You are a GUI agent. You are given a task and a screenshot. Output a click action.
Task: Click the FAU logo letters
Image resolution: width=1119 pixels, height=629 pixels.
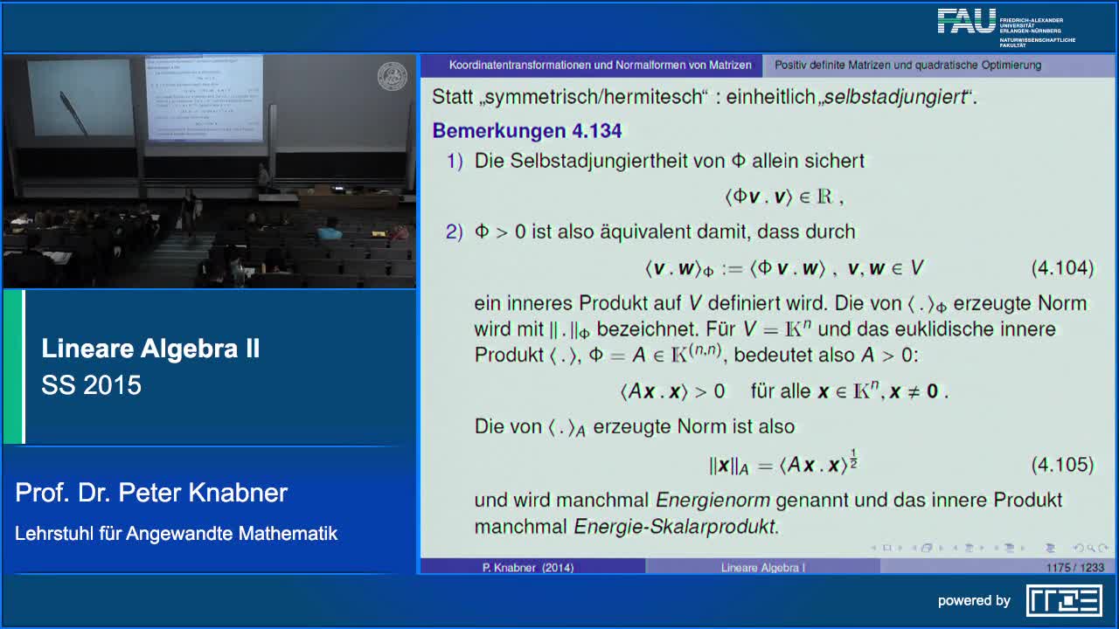(x=967, y=22)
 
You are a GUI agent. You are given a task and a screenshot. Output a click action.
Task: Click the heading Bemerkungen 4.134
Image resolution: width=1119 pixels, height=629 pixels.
(x=526, y=131)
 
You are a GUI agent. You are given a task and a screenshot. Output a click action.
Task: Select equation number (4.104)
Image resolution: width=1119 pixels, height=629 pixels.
(x=1062, y=268)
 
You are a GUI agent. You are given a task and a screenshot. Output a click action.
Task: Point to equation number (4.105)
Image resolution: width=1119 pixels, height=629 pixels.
(x=1062, y=465)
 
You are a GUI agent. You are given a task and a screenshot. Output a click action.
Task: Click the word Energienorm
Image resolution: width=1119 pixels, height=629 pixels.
(x=712, y=501)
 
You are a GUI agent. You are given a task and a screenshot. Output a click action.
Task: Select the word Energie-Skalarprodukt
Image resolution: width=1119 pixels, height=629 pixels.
(x=675, y=527)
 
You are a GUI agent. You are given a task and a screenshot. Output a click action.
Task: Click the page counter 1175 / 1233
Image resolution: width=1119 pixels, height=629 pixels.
(x=1074, y=568)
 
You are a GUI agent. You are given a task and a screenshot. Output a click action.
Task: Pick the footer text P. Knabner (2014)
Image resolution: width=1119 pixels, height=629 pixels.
(x=528, y=568)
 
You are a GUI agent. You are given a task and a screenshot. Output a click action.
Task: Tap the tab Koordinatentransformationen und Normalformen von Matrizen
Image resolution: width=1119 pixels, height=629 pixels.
(x=600, y=66)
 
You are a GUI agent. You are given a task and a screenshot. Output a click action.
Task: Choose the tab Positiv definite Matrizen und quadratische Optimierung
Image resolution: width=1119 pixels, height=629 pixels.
(x=907, y=66)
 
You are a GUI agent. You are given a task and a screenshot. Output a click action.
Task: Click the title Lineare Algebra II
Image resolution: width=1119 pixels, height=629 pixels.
(x=150, y=349)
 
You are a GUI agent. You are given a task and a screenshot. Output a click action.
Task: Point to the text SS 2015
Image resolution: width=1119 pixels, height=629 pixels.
(x=91, y=385)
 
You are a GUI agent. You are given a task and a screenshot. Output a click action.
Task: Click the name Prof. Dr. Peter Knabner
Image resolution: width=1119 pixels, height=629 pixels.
(x=151, y=493)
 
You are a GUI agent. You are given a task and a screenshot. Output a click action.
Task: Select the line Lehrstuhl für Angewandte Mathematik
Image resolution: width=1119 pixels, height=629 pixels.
(x=176, y=533)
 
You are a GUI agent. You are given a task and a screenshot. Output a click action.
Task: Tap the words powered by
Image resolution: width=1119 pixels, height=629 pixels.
(x=974, y=601)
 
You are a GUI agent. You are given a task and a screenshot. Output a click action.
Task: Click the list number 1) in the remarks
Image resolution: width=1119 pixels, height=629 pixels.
(x=455, y=161)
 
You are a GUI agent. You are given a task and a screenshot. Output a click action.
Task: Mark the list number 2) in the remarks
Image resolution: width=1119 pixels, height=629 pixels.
(x=454, y=232)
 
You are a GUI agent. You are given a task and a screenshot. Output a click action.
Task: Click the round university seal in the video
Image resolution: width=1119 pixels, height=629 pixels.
(x=392, y=76)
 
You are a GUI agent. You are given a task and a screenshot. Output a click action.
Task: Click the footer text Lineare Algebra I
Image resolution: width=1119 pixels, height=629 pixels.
(x=762, y=568)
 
